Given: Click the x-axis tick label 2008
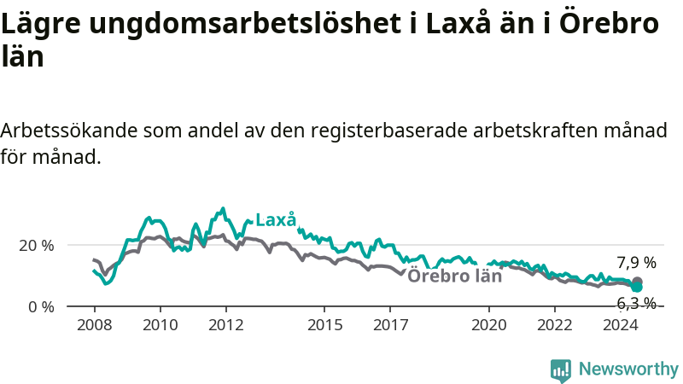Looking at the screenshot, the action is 95,325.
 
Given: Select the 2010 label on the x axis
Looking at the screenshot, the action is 161,325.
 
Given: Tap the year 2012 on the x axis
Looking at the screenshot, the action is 226,325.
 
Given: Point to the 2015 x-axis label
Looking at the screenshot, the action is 325,325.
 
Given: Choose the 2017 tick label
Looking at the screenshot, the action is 391,325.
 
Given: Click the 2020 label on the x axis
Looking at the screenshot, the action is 489,325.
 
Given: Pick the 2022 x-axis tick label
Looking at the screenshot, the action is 555,325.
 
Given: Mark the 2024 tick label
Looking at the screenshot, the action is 621,325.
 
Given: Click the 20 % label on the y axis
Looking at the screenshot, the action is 37,246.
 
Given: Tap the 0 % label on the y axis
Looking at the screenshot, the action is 41,307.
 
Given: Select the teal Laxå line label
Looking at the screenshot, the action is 276,220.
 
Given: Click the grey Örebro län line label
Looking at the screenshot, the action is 455,276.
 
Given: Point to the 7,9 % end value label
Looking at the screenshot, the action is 636,263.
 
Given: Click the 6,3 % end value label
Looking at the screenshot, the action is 636,303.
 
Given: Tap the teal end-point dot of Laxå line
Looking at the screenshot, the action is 637,287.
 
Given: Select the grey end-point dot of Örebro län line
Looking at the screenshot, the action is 637,281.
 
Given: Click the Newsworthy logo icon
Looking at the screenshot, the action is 561,370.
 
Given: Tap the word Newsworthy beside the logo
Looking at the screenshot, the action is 628,369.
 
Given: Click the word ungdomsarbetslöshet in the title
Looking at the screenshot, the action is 245,24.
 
